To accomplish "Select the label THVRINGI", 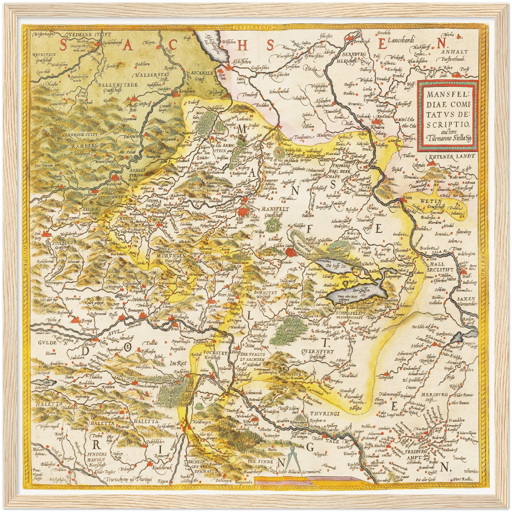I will [x=324, y=413].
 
